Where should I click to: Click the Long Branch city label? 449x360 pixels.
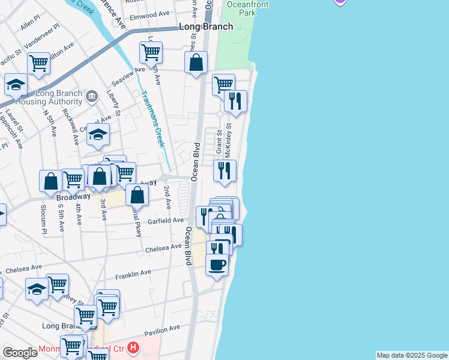pos(206,27)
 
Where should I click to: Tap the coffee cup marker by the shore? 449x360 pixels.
pos(217,264)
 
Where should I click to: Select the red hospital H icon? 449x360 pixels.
pos(133,347)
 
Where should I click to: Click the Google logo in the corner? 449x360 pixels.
pos(19,353)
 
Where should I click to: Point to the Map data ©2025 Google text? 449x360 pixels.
pos(411,355)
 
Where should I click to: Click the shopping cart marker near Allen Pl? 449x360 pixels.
pos(38,63)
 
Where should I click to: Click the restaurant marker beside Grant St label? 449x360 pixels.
pos(224,171)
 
